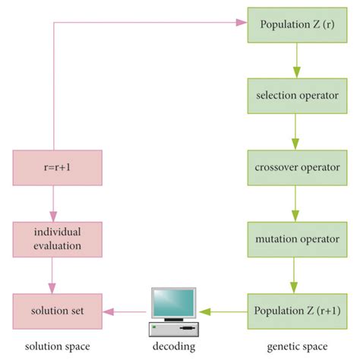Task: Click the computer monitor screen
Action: click(x=173, y=302)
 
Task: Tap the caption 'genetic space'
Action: click(x=292, y=346)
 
